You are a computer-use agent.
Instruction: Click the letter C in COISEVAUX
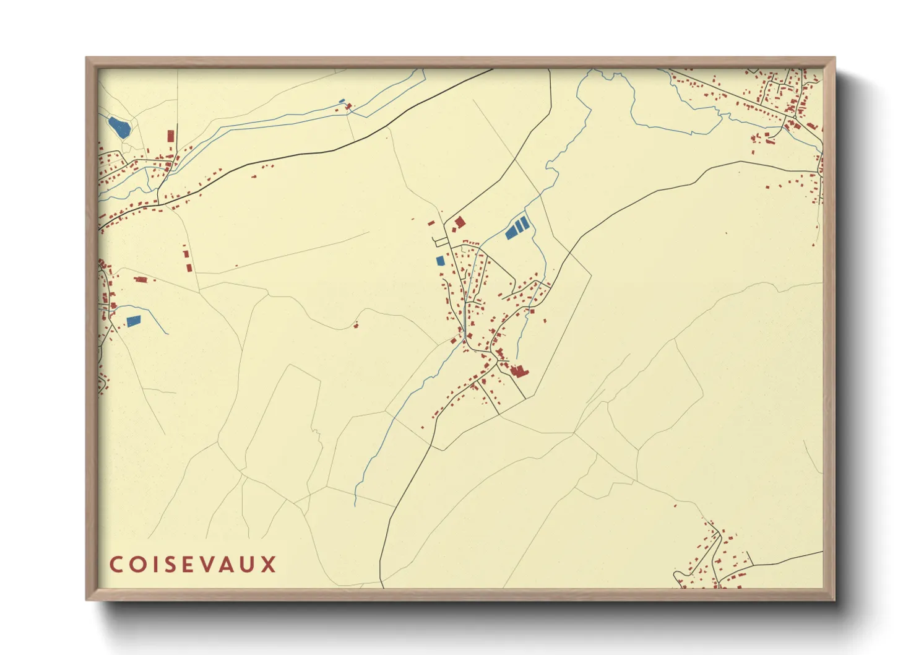(116, 565)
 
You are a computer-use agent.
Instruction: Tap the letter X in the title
(269, 565)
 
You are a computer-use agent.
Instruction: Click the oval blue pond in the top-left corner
(119, 128)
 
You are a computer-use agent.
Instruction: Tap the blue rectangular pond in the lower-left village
(133, 321)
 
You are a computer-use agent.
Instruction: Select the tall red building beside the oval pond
(171, 137)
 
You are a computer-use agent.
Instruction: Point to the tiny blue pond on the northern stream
(341, 101)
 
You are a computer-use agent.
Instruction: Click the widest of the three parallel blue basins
(512, 232)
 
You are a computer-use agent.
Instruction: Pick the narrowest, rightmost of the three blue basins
(526, 221)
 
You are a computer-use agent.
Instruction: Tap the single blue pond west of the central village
(440, 261)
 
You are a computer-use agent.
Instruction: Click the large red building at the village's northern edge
(460, 222)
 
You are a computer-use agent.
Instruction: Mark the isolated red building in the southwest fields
(355, 324)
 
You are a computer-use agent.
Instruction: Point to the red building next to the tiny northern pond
(348, 106)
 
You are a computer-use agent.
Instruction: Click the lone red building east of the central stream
(545, 321)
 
